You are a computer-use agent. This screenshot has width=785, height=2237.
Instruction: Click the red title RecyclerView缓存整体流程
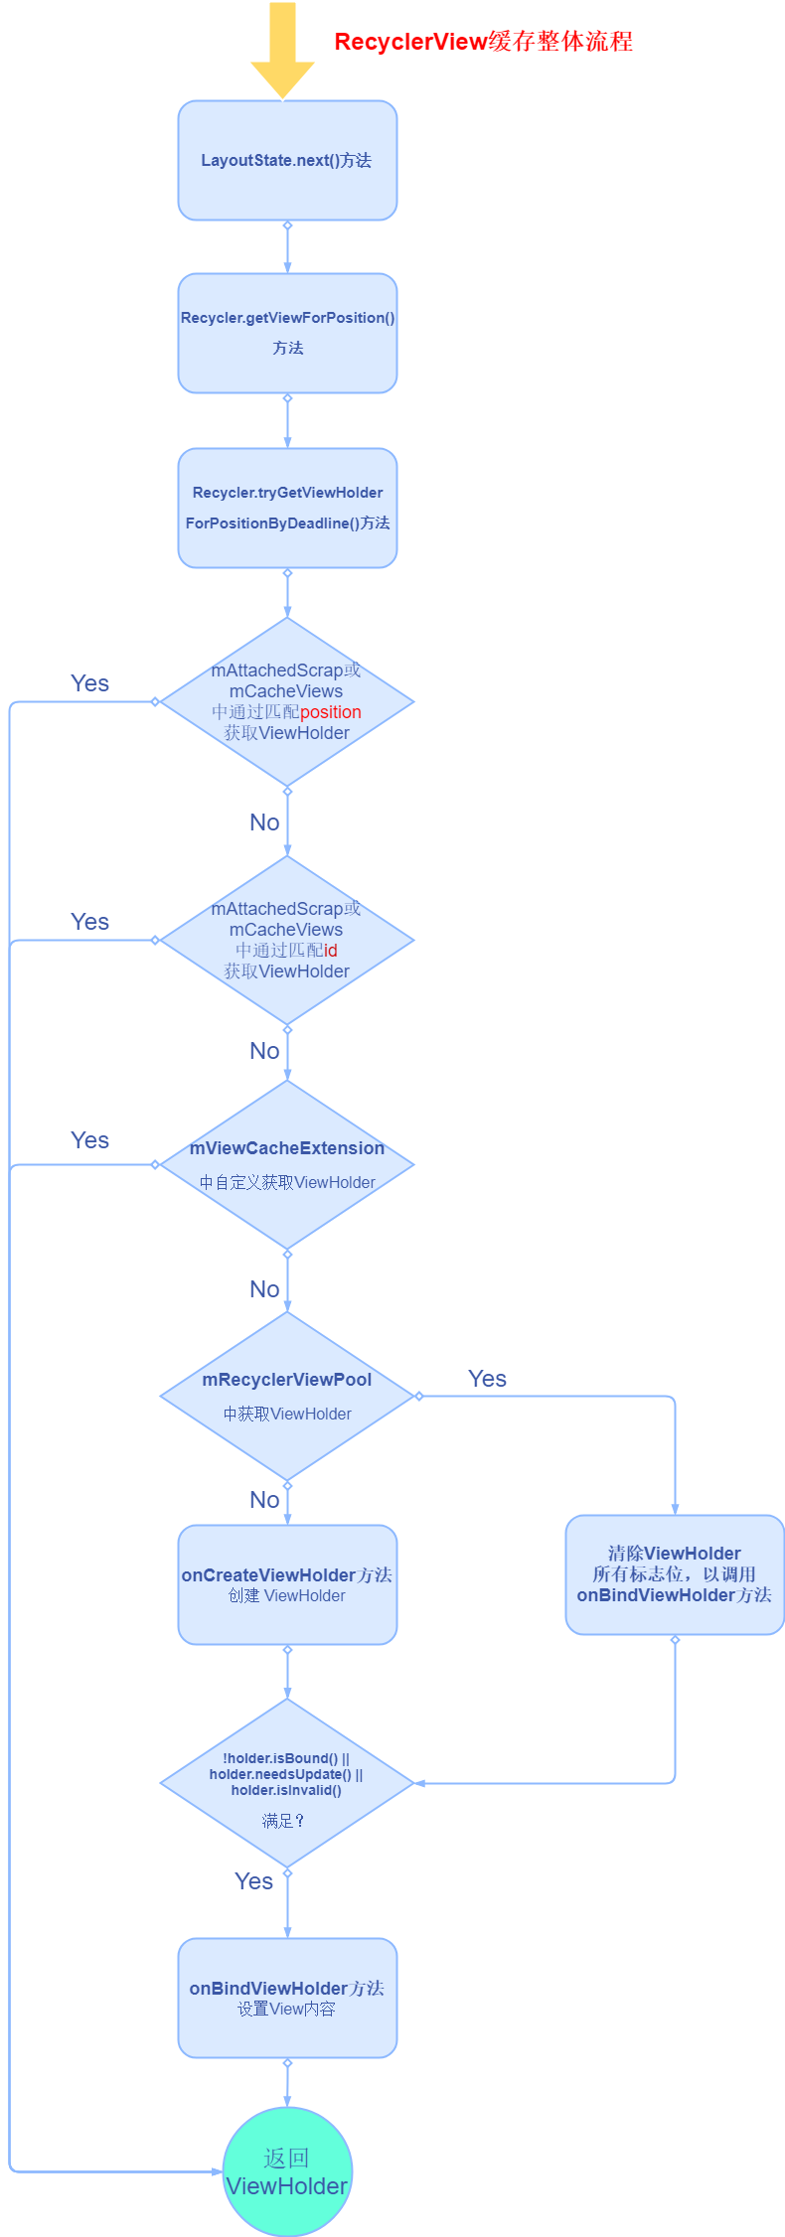483,42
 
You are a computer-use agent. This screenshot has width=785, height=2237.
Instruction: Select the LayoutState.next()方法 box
287,160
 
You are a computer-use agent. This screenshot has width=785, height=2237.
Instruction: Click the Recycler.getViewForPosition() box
287,333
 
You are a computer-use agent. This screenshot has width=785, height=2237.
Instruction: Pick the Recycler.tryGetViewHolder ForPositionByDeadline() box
287,508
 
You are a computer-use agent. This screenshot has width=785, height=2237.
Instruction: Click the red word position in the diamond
331,712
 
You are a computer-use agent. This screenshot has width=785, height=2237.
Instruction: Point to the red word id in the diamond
331,951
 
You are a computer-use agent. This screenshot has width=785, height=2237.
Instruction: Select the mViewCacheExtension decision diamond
287,1164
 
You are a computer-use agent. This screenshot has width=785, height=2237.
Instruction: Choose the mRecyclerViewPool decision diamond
287,1396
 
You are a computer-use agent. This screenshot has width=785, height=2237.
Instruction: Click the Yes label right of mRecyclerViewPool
487,1379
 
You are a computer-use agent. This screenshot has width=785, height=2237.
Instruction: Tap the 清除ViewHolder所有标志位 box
675,1574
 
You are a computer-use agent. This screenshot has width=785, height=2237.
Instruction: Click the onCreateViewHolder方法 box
287,1584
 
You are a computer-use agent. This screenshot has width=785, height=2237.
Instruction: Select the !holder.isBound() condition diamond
287,1783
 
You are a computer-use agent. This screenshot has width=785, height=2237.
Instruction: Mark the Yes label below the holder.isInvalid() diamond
253,1881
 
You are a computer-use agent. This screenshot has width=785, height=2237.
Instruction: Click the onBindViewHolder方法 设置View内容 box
287,1998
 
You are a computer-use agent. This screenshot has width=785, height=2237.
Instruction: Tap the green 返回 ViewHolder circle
287,2172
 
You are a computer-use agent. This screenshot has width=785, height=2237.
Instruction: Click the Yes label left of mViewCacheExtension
89,1140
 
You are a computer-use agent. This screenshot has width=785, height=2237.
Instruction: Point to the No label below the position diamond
264,822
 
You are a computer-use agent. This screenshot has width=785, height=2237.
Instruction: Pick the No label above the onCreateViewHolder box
264,1500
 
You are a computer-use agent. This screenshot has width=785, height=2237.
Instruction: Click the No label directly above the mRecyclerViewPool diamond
264,1289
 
